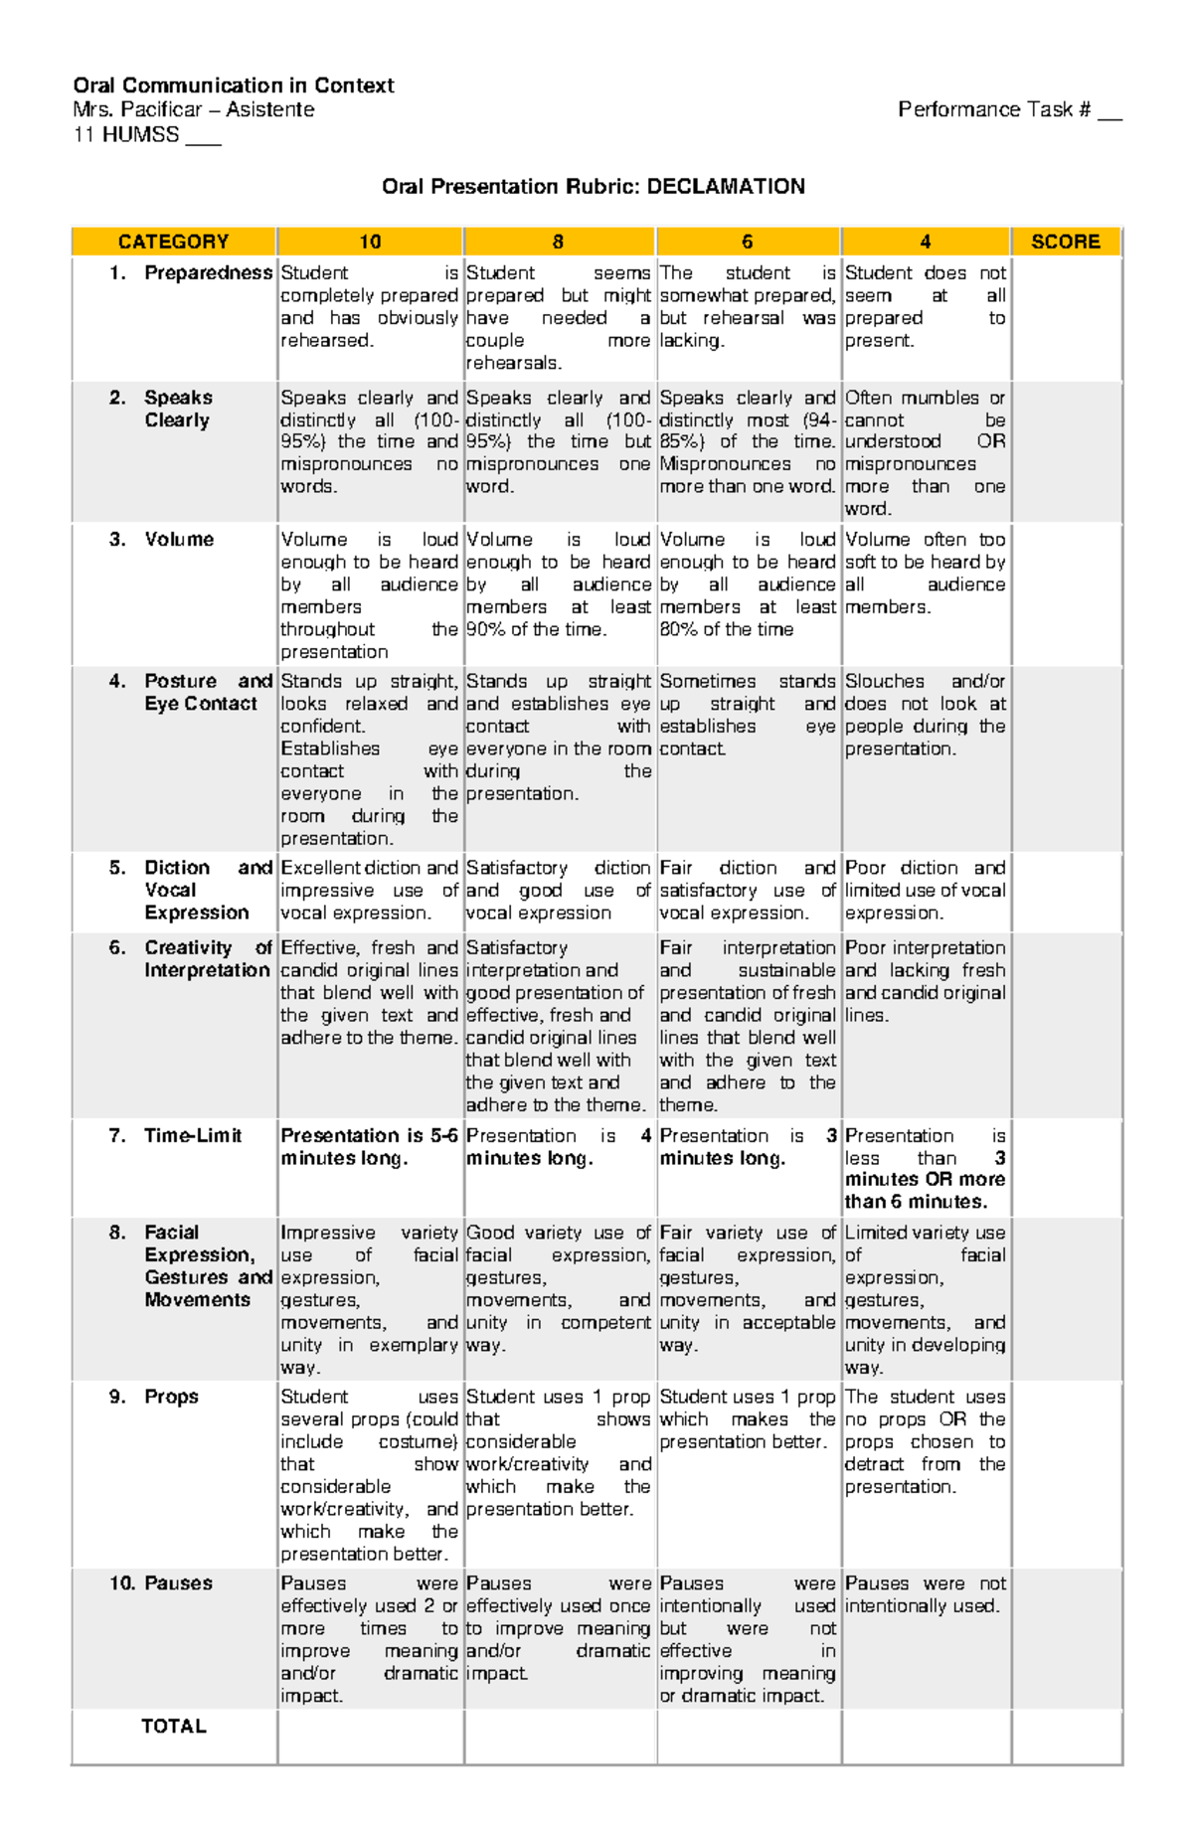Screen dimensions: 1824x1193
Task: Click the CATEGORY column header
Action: click(x=174, y=242)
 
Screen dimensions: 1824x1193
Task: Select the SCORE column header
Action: click(x=1065, y=242)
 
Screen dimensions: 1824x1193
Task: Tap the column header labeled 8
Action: click(x=558, y=242)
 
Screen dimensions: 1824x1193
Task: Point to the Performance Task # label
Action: click(x=994, y=109)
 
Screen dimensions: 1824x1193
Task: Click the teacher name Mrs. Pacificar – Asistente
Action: click(x=194, y=109)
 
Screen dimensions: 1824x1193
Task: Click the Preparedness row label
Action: click(x=208, y=272)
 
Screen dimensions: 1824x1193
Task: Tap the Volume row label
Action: click(x=179, y=539)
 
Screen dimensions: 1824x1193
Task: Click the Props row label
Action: click(x=171, y=1397)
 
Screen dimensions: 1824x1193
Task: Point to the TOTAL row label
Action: click(x=174, y=1727)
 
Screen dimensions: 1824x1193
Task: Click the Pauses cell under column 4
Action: click(x=925, y=1594)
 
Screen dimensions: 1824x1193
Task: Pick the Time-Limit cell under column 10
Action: click(x=369, y=1147)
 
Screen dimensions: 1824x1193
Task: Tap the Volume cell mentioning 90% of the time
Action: click(x=558, y=584)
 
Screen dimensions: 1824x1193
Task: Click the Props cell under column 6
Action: click(x=748, y=1419)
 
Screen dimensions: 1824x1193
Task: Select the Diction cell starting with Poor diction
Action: click(x=925, y=890)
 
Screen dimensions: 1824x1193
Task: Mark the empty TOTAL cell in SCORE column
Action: click(x=1066, y=1737)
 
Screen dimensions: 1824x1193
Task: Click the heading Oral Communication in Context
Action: click(x=234, y=85)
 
